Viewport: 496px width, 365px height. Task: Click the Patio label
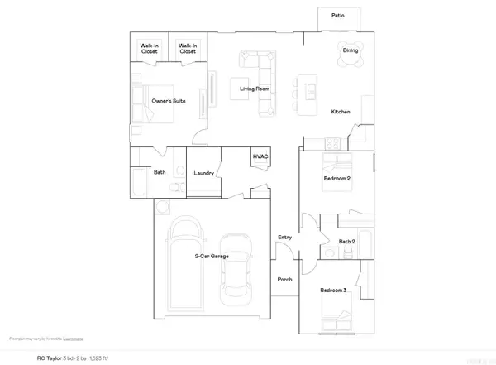pos(337,15)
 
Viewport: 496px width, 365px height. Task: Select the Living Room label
pos(255,89)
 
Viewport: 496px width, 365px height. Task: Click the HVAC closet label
pos(260,156)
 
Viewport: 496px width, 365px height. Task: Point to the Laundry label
pos(205,174)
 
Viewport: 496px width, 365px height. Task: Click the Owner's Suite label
pos(168,101)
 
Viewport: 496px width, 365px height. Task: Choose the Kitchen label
pos(341,112)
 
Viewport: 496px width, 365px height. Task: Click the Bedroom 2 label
pos(336,179)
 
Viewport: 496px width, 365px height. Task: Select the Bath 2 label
pos(347,241)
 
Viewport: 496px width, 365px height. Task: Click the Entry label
pos(285,238)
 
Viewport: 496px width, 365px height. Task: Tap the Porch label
pos(285,280)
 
